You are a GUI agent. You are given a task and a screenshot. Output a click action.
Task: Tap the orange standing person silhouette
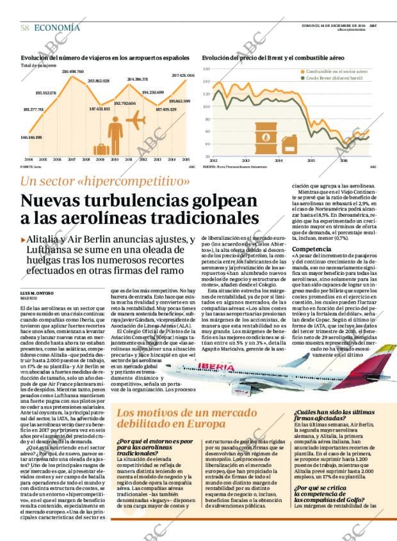pos(115,136)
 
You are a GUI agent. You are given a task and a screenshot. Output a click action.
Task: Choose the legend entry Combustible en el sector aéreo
pos(337,72)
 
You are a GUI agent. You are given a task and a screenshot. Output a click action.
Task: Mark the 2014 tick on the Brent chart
pos(279,161)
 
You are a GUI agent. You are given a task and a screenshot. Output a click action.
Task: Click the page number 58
pos(24,27)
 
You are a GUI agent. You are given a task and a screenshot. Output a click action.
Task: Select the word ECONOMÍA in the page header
pos(57,27)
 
